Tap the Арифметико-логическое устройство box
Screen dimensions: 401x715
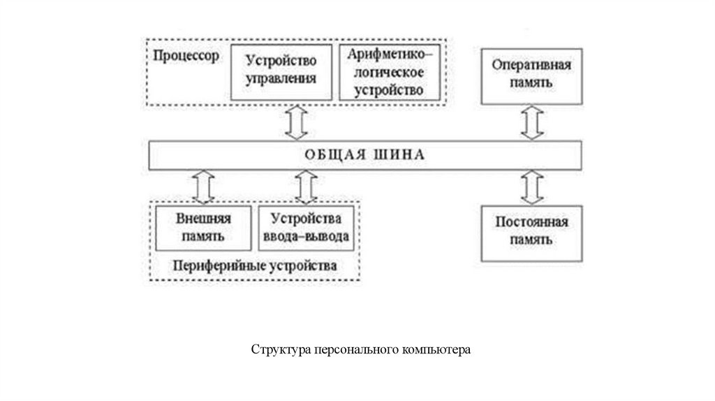click(x=390, y=72)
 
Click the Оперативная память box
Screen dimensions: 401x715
click(x=531, y=75)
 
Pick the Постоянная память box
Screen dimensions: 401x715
click(x=531, y=233)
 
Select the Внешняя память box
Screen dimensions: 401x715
click(x=202, y=228)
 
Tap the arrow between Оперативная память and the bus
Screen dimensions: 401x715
click(x=531, y=122)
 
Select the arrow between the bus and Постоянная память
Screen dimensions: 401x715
click(x=531, y=187)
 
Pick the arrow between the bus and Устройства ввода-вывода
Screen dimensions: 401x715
click(x=305, y=187)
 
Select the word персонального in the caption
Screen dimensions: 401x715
click(x=355, y=348)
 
